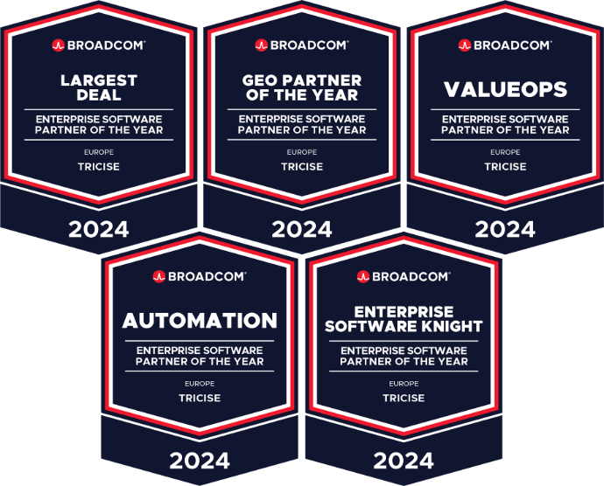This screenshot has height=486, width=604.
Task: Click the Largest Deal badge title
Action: [99, 87]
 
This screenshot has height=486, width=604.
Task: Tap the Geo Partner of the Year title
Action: [302, 87]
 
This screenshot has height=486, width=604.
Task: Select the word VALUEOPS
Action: [505, 89]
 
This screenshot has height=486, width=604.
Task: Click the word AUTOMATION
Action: [200, 321]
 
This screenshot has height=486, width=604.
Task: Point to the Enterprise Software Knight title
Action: [404, 319]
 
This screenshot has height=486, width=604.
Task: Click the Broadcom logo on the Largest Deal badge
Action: [98, 45]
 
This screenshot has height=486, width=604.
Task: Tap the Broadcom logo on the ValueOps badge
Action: [505, 45]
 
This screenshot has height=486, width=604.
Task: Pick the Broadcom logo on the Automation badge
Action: [200, 276]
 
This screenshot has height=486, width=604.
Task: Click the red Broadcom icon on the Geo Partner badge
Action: [261, 45]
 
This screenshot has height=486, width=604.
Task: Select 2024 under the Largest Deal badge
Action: [99, 229]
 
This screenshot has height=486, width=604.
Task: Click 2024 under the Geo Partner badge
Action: [302, 229]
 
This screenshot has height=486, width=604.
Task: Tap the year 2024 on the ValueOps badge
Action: [505, 229]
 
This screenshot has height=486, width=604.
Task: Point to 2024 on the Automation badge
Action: [200, 461]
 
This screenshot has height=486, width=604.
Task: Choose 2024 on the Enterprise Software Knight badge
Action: [404, 461]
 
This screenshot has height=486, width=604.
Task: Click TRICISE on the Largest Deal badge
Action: [99, 167]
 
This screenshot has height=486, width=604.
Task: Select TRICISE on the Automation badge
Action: [200, 398]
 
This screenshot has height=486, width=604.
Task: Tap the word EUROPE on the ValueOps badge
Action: [505, 152]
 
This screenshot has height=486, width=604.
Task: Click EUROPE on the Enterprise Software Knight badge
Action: [404, 384]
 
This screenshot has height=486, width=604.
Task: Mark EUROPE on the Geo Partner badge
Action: [302, 152]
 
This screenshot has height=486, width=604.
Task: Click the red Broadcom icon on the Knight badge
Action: [363, 276]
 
